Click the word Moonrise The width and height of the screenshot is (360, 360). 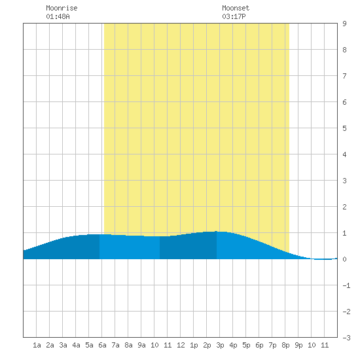62,8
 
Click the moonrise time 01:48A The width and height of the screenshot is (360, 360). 58,16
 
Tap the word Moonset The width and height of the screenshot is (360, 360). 236,8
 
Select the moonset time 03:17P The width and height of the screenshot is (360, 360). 234,16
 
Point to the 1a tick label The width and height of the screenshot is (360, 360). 37,345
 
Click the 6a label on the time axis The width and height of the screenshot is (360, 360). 102,345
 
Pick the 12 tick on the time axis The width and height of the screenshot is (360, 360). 181,345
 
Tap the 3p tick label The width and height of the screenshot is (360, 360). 220,345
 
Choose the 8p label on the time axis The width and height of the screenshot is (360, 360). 285,345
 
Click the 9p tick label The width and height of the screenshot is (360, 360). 298,345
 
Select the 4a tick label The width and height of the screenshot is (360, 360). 76,345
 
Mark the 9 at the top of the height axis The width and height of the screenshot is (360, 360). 344,24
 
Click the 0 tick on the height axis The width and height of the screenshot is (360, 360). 344,259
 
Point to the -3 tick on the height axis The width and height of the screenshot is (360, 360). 346,338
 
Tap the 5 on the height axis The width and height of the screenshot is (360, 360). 344,128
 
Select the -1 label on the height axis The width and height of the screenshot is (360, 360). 346,285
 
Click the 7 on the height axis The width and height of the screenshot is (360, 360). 344,76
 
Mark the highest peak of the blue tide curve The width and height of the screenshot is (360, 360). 216,231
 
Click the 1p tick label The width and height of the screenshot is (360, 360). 194,345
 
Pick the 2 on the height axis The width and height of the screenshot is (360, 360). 344,207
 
